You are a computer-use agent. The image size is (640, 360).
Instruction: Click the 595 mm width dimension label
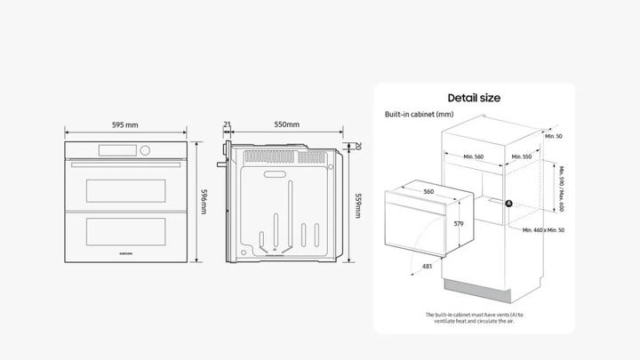click(125, 125)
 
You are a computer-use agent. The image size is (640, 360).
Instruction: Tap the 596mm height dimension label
click(203, 201)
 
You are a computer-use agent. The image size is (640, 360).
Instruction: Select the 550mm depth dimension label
click(286, 125)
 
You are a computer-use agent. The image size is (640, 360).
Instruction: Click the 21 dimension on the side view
click(228, 125)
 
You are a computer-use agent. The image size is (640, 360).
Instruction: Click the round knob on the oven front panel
click(145, 149)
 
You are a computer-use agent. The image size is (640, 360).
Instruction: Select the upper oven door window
click(125, 188)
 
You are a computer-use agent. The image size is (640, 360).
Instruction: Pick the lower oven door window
click(125, 230)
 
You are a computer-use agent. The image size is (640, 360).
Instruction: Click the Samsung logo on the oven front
click(125, 254)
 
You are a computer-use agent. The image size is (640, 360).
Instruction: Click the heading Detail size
click(473, 98)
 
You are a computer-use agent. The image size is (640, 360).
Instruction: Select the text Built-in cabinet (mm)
click(420, 115)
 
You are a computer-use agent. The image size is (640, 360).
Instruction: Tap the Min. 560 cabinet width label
click(473, 156)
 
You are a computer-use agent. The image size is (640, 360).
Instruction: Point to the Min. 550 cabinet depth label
click(522, 156)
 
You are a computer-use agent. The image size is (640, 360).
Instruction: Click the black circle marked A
click(509, 203)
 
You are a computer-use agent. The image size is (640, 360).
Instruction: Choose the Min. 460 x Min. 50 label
click(543, 230)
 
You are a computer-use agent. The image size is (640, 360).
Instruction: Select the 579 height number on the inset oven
click(458, 224)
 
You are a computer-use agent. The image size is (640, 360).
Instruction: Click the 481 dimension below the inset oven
click(427, 266)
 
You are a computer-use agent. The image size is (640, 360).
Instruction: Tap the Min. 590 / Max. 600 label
click(562, 188)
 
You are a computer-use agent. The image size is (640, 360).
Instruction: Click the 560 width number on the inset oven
click(428, 191)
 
